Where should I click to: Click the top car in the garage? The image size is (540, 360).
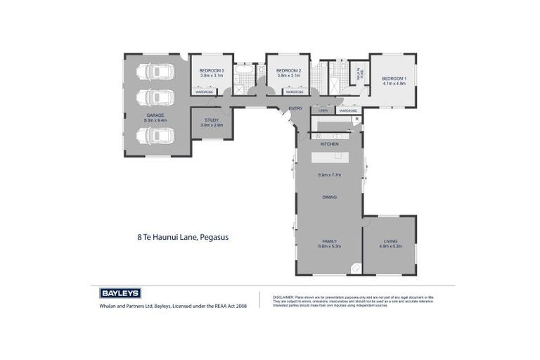[155, 72]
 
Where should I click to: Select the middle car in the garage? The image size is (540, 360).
[155, 98]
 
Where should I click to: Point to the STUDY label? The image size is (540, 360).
[212, 120]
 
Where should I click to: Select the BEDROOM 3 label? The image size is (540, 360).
[211, 70]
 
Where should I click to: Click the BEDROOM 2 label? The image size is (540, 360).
[288, 70]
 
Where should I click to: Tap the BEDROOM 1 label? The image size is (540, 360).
[394, 78]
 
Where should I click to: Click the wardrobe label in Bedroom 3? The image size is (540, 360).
[204, 92]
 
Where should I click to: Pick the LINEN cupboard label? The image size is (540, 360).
[323, 110]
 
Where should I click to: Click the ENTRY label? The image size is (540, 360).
[295, 108]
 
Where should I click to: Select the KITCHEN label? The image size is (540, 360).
[330, 143]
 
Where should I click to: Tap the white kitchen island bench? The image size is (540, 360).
[330, 156]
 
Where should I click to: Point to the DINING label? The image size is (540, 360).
[330, 197]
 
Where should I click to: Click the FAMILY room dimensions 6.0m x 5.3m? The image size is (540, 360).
[330, 246]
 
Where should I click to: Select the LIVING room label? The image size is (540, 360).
[390, 240]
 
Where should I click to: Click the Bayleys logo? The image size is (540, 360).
[120, 293]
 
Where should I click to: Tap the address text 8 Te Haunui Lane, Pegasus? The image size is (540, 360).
[183, 237]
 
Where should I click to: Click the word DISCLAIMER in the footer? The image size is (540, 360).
[283, 297]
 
